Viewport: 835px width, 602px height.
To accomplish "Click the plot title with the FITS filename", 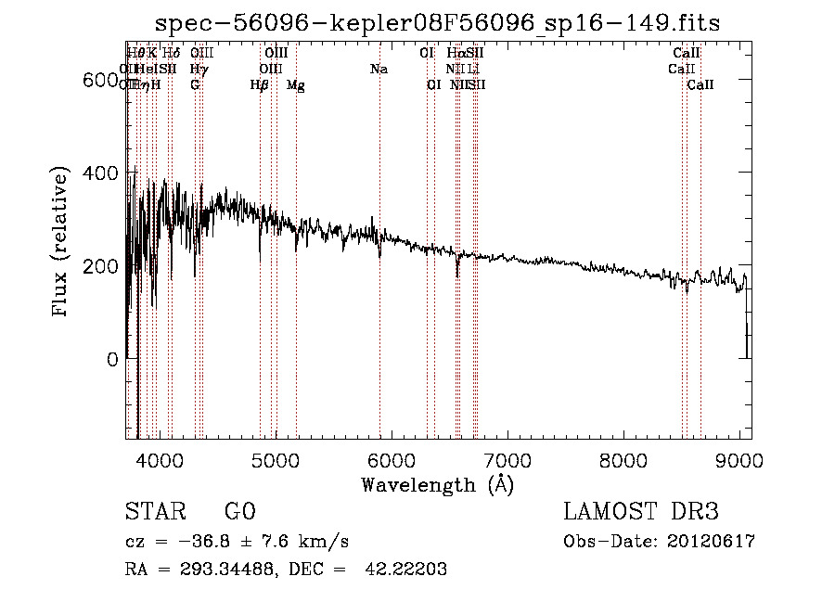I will tap(436, 22).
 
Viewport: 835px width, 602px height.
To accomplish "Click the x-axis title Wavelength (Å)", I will tap(437, 484).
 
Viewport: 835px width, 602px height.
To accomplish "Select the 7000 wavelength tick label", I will tap(507, 460).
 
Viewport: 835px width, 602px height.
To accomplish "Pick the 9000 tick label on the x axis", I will tap(739, 460).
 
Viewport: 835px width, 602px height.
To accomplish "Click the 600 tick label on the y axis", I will tap(100, 81).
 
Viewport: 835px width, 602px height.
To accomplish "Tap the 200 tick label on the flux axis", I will tap(100, 266).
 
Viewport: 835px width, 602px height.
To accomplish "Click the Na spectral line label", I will tap(379, 69).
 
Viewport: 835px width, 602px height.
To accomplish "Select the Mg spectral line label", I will tap(295, 85).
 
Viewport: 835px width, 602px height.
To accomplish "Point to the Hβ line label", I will tap(260, 85).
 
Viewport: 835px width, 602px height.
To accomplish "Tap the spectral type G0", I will tap(239, 512).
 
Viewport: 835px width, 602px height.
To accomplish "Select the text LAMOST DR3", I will tap(640, 512).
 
